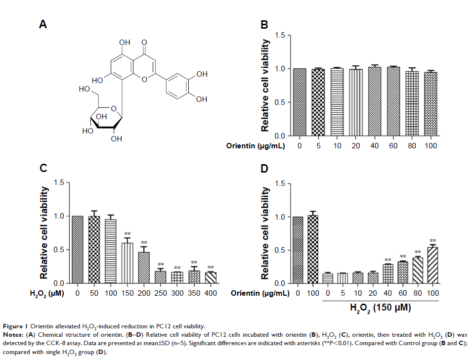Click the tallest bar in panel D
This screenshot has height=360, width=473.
[x=311, y=250]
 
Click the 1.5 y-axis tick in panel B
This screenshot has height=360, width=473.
[x=280, y=35]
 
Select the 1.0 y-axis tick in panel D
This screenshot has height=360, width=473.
[x=279, y=217]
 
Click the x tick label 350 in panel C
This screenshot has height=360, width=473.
[x=194, y=293]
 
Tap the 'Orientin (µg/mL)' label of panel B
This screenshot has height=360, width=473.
[x=257, y=146]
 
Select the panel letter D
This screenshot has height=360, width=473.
[x=264, y=169]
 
